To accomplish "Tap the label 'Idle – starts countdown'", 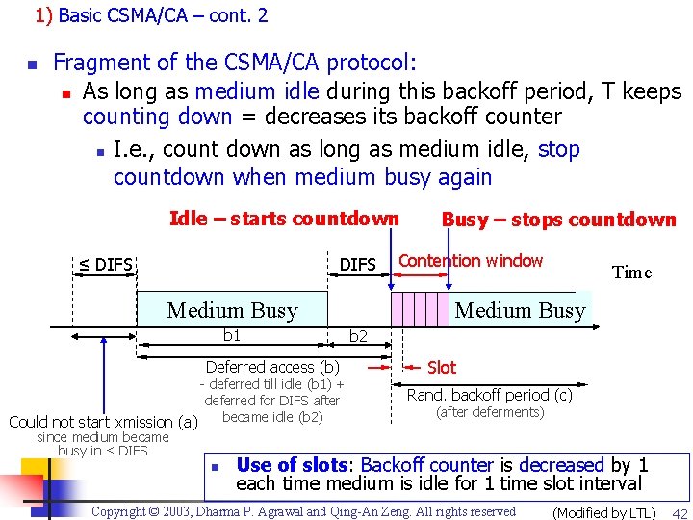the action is pyautogui.click(x=284, y=219).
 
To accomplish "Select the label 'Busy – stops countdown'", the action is pyautogui.click(x=558, y=220).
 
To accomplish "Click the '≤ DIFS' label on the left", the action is pyautogui.click(x=105, y=264).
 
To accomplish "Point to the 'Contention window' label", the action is pyautogui.click(x=471, y=261).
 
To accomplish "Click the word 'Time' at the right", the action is pyautogui.click(x=631, y=273).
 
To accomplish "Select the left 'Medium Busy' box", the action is pyautogui.click(x=232, y=310).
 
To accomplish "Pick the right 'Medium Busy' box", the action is pyautogui.click(x=520, y=310).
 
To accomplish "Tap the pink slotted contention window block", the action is pyautogui.click(x=421, y=309).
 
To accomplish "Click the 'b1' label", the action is pyautogui.click(x=232, y=335).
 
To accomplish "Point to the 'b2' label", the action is pyautogui.click(x=358, y=336).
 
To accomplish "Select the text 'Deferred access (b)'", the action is pyautogui.click(x=272, y=367).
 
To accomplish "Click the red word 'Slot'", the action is pyautogui.click(x=442, y=367).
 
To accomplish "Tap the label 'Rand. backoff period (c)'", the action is pyautogui.click(x=489, y=395).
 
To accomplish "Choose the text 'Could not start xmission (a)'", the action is pyautogui.click(x=103, y=421).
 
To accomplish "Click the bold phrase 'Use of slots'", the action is pyautogui.click(x=293, y=465).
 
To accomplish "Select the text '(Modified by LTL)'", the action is pyautogui.click(x=603, y=512).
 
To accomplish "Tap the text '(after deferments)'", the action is pyautogui.click(x=490, y=412).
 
